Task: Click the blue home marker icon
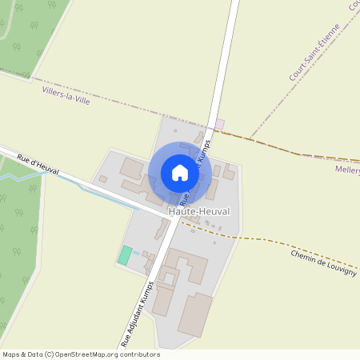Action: point(180,172)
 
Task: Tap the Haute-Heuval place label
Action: point(199,211)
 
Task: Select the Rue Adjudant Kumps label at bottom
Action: point(137,313)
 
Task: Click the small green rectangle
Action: point(125,255)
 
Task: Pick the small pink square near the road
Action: point(220,123)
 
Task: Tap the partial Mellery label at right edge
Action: point(348,170)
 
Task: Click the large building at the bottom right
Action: point(195,314)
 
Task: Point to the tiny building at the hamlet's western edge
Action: point(102,178)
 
